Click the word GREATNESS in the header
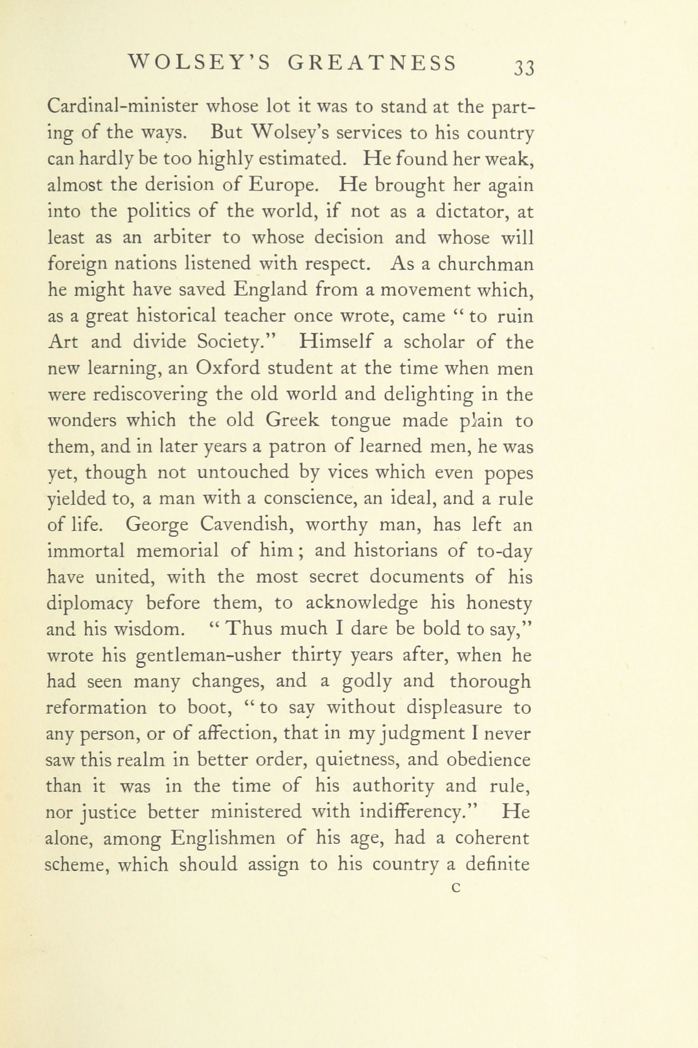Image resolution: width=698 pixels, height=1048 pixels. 372,63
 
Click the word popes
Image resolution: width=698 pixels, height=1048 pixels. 508,473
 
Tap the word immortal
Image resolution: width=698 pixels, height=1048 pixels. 86,551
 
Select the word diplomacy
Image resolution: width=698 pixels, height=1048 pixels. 90,604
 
